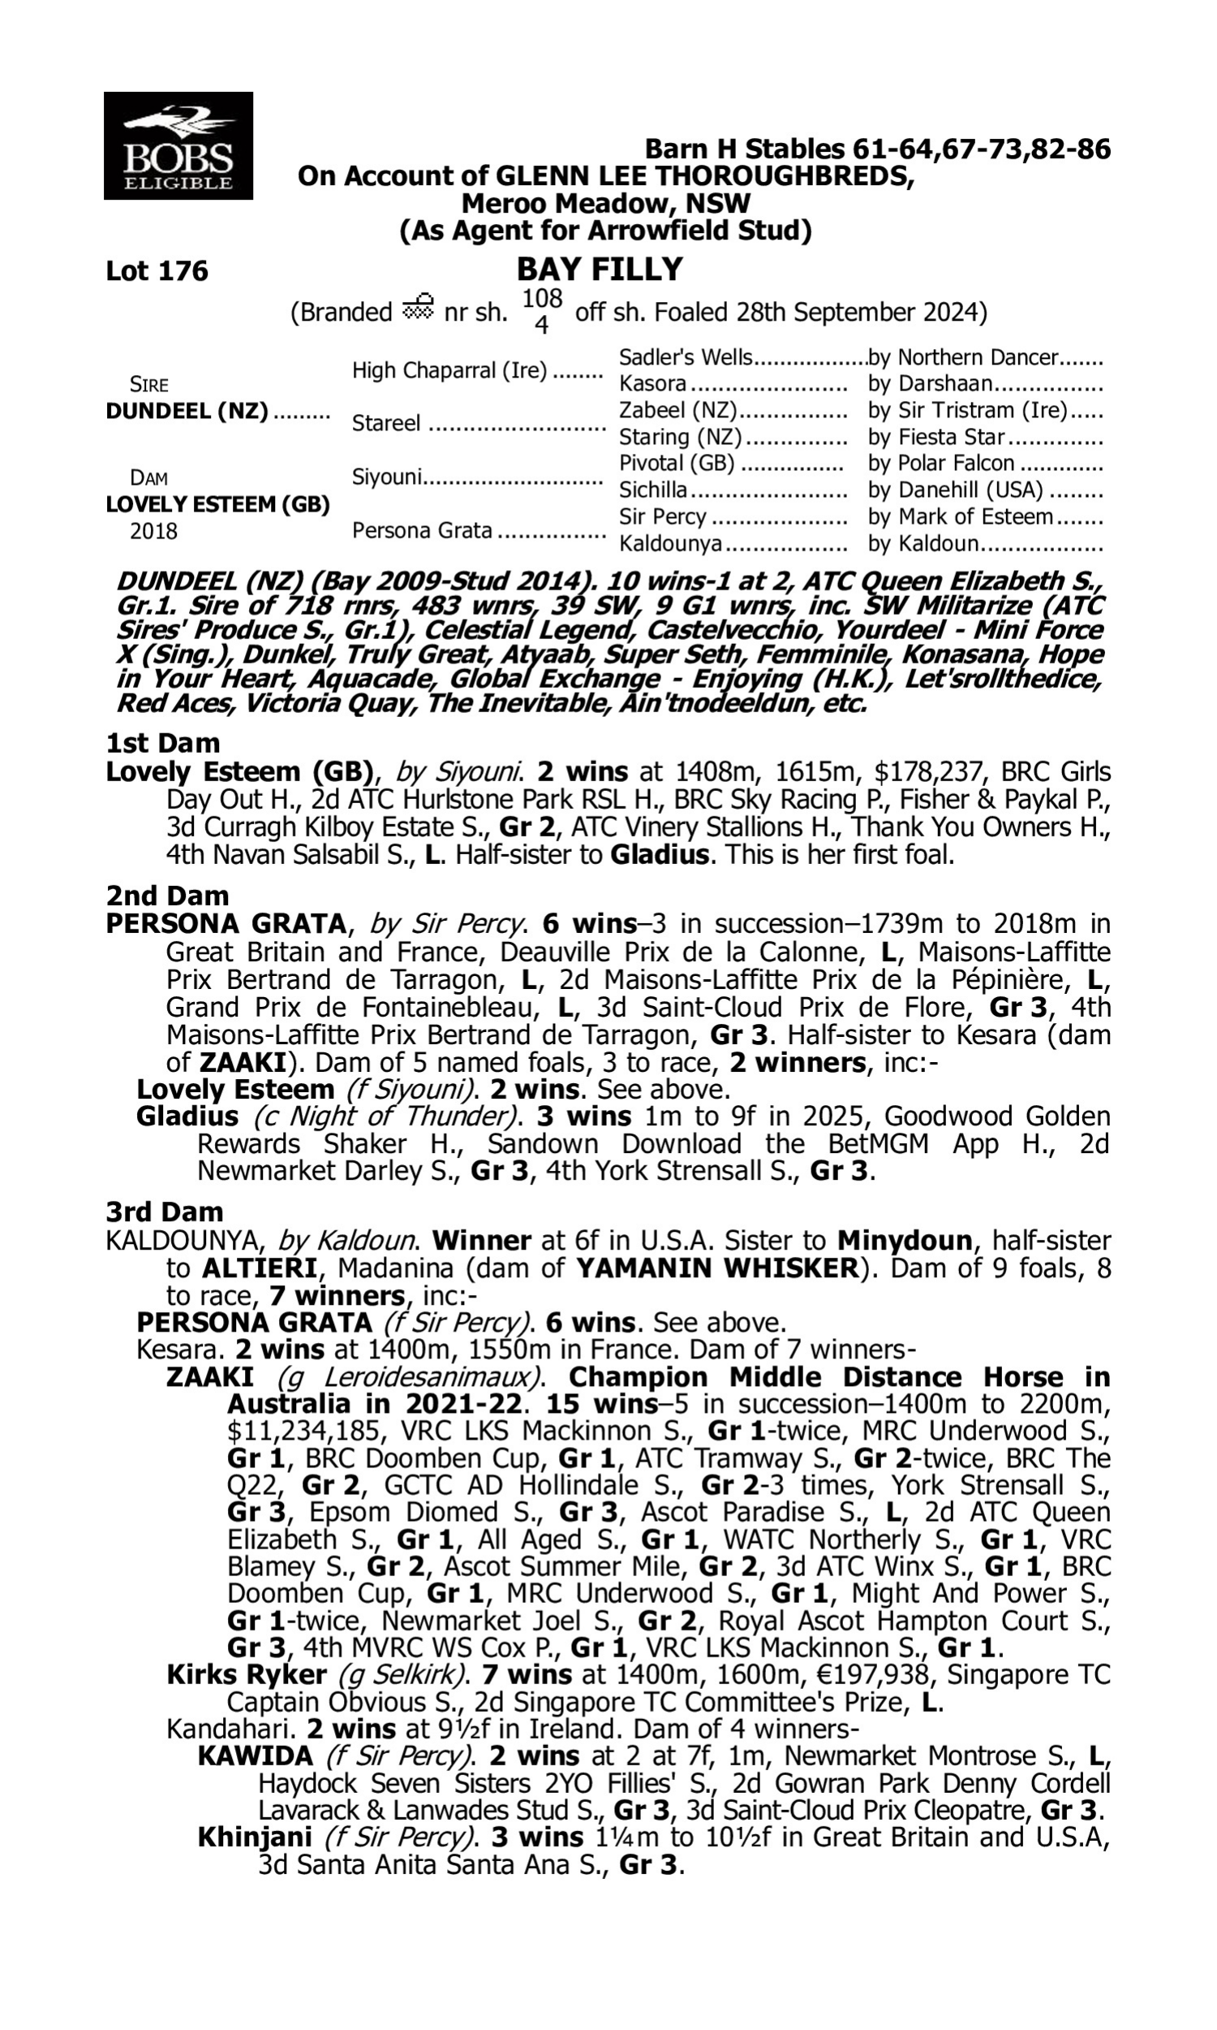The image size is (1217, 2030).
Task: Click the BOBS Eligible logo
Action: pos(178,146)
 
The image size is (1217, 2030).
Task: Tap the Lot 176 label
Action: pos(157,270)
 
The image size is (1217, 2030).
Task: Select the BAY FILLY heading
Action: pos(600,270)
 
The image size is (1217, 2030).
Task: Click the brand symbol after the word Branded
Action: pos(417,308)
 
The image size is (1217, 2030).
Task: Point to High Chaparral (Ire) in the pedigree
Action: pos(449,371)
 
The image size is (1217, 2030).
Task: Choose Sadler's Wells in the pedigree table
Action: pos(686,358)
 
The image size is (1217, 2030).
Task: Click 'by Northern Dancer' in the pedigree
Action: pos(963,358)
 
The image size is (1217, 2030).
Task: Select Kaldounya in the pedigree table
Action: pos(671,543)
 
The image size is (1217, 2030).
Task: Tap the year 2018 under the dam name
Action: pos(153,532)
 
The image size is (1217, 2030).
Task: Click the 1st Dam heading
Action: pos(163,744)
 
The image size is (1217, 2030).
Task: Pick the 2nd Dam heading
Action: pos(167,895)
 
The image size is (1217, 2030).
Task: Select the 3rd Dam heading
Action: pos(165,1212)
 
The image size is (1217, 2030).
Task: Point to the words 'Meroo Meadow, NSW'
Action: pos(605,203)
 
